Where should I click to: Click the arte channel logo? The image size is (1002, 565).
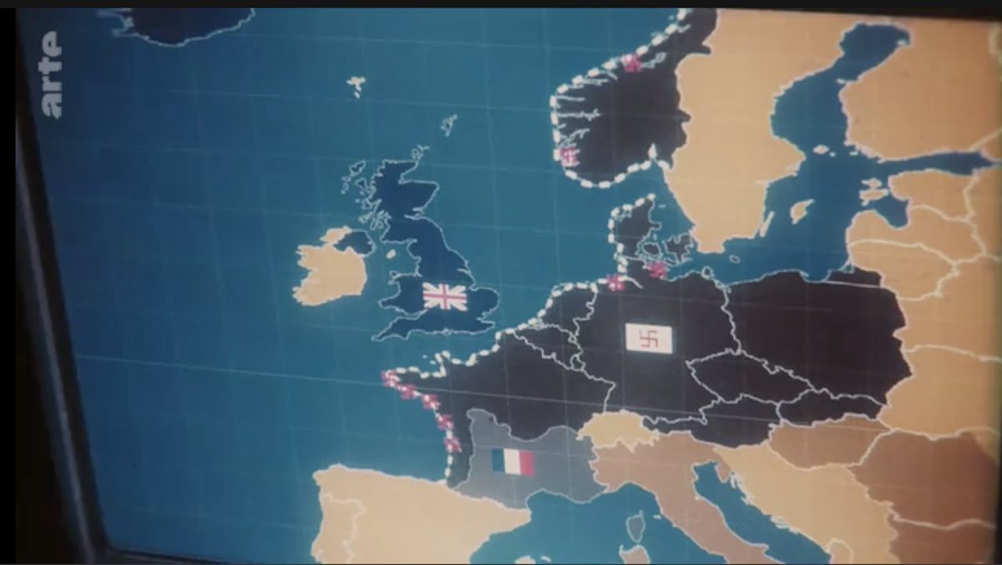[x=53, y=74]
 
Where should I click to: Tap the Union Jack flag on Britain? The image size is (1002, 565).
[x=444, y=296]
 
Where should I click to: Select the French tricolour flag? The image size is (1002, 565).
[x=511, y=462]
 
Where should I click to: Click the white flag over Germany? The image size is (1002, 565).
[x=649, y=337]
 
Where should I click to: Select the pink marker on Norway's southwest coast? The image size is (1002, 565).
[x=569, y=155]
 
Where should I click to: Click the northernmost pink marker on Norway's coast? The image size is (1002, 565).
[x=632, y=63]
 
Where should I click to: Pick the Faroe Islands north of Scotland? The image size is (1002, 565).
[x=357, y=84]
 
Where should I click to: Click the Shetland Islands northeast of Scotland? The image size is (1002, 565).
[x=448, y=125]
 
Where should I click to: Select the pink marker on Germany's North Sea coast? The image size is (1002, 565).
[x=615, y=283]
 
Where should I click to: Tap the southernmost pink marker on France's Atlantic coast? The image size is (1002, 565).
[x=453, y=445]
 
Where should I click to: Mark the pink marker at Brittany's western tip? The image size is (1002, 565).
[x=390, y=379]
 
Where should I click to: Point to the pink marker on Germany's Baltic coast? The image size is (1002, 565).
[x=657, y=270]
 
